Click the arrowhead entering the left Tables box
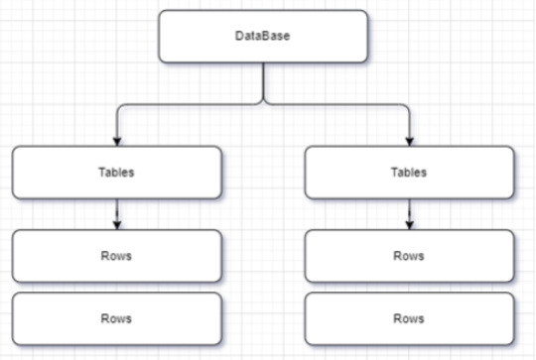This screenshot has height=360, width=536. coord(118,142)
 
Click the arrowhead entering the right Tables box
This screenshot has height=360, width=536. coord(409,142)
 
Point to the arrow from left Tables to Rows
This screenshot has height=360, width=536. coord(118,213)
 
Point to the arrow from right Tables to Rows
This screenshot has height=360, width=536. coord(409,213)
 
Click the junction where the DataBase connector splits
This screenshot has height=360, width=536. coord(263,102)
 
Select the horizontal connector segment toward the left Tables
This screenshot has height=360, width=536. coord(189,104)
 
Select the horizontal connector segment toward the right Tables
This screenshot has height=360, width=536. coord(337,104)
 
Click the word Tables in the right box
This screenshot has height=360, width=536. coord(409,173)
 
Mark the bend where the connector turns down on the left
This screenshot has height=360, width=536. coord(119,106)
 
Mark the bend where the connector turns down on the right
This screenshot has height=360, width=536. coord(408,106)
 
